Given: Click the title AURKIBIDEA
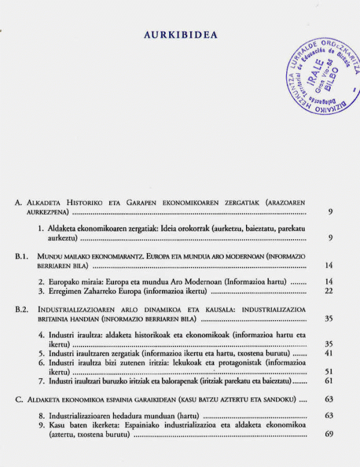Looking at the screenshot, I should point(180,35).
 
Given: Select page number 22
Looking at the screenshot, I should point(328,291).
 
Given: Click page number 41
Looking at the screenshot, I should point(328,353).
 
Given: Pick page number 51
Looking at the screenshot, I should point(328,372).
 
